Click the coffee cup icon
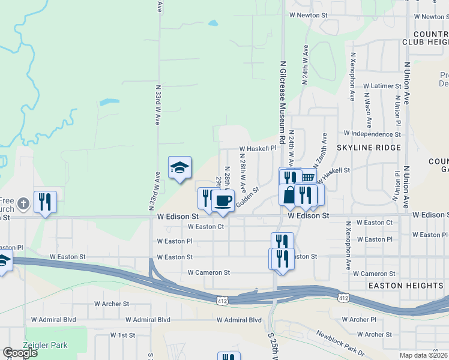pyautogui.click(x=223, y=200)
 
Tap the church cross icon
pyautogui.click(x=23, y=203)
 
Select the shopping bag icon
pyautogui.click(x=289, y=195)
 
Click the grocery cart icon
pyautogui.click(x=307, y=178)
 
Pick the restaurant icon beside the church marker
pyautogui.click(x=45, y=202)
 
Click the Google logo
pyautogui.click(x=20, y=353)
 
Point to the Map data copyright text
pyautogui.click(x=423, y=355)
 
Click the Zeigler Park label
pyautogui.click(x=45, y=345)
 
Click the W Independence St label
pyautogui.click(x=372, y=134)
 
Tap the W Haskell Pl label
pyautogui.click(x=258, y=148)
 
